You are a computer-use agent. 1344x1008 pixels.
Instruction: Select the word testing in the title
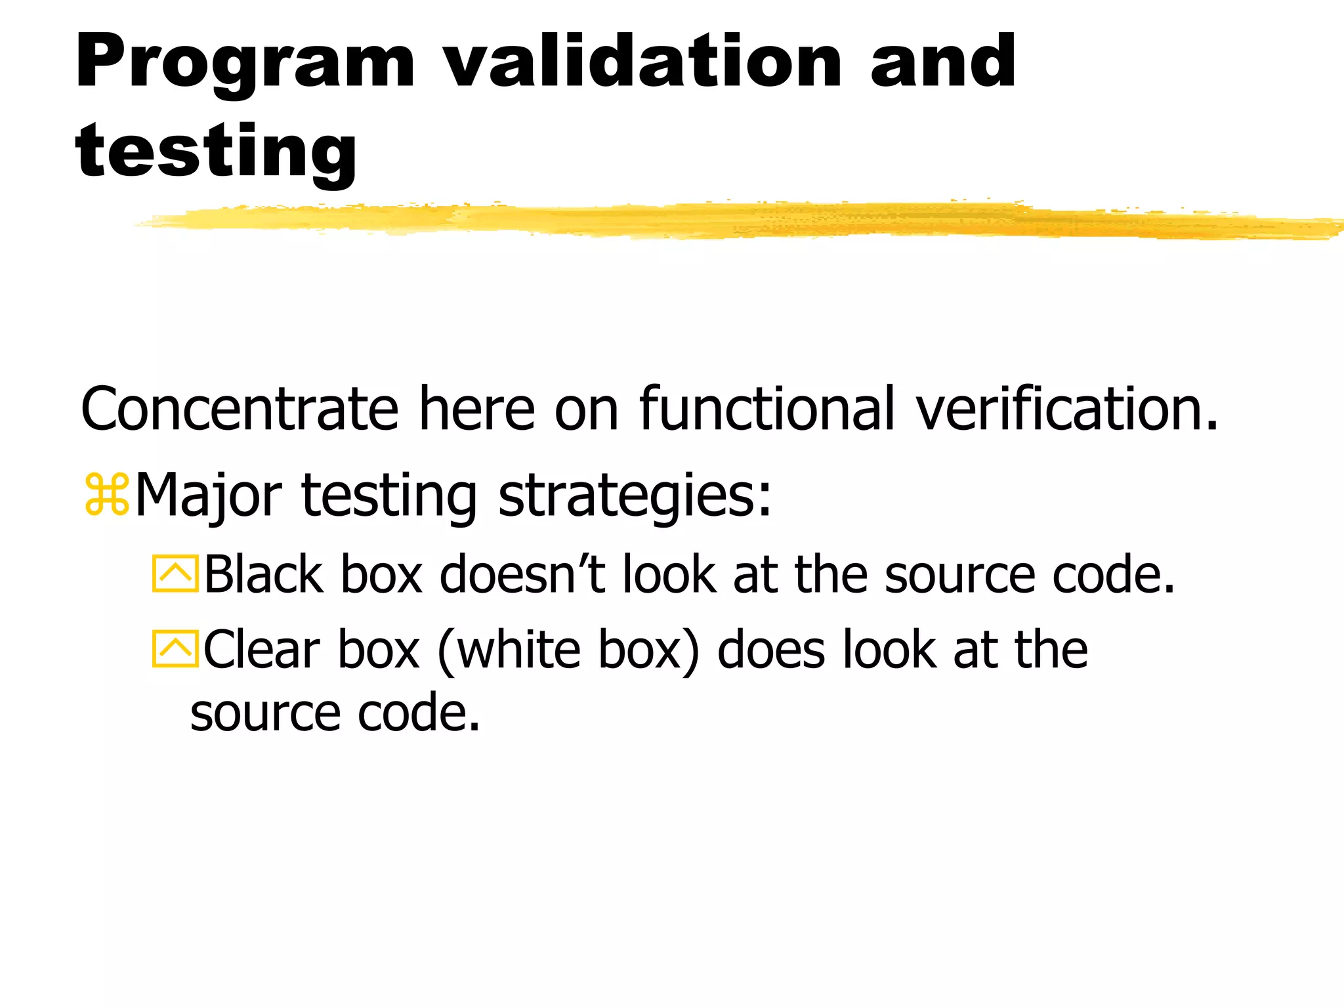[x=217, y=152]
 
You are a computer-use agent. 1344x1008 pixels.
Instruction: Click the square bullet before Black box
[x=175, y=574]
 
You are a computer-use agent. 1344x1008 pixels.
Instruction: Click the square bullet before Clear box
[x=175, y=649]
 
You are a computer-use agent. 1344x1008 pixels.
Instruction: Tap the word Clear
[x=262, y=650]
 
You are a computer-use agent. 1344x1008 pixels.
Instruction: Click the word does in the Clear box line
[x=771, y=650]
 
